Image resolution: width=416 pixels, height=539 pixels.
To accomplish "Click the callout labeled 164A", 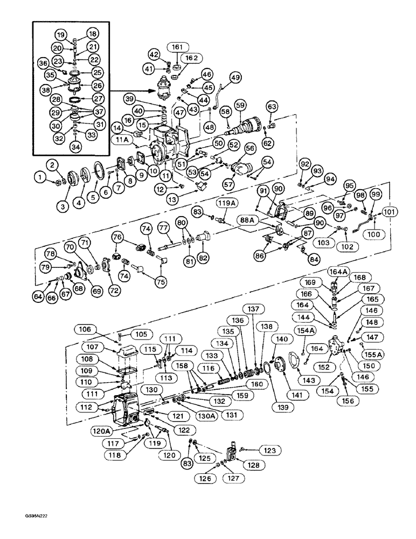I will pos(341,271).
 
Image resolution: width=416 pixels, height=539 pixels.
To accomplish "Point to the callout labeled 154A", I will pos(304,330).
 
